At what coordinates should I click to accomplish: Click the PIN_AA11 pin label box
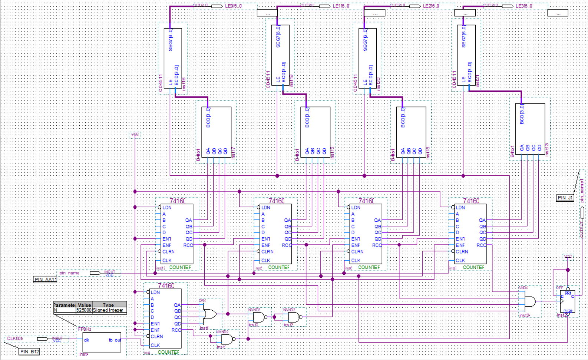click(x=45, y=280)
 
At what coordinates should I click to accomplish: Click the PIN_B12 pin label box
click(x=29, y=351)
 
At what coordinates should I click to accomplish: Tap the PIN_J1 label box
click(x=565, y=198)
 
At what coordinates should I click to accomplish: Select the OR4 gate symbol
click(x=210, y=314)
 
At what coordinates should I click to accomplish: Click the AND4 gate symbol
click(x=530, y=301)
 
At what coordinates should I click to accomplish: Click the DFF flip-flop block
click(x=567, y=301)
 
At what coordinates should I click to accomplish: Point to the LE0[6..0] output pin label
click(x=233, y=6)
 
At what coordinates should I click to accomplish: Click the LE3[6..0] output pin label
click(x=524, y=6)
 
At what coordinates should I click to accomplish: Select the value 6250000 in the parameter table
click(x=84, y=310)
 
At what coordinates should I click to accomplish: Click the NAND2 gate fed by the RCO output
click(x=227, y=339)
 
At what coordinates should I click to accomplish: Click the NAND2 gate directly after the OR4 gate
click(x=259, y=317)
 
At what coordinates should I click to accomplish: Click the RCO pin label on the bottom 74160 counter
click(x=176, y=330)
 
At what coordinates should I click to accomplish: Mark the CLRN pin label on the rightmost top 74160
click(x=462, y=251)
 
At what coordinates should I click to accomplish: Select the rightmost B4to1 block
click(x=530, y=128)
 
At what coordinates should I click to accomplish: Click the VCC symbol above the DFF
click(x=568, y=257)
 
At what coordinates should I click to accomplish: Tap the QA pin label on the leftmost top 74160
click(x=188, y=220)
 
